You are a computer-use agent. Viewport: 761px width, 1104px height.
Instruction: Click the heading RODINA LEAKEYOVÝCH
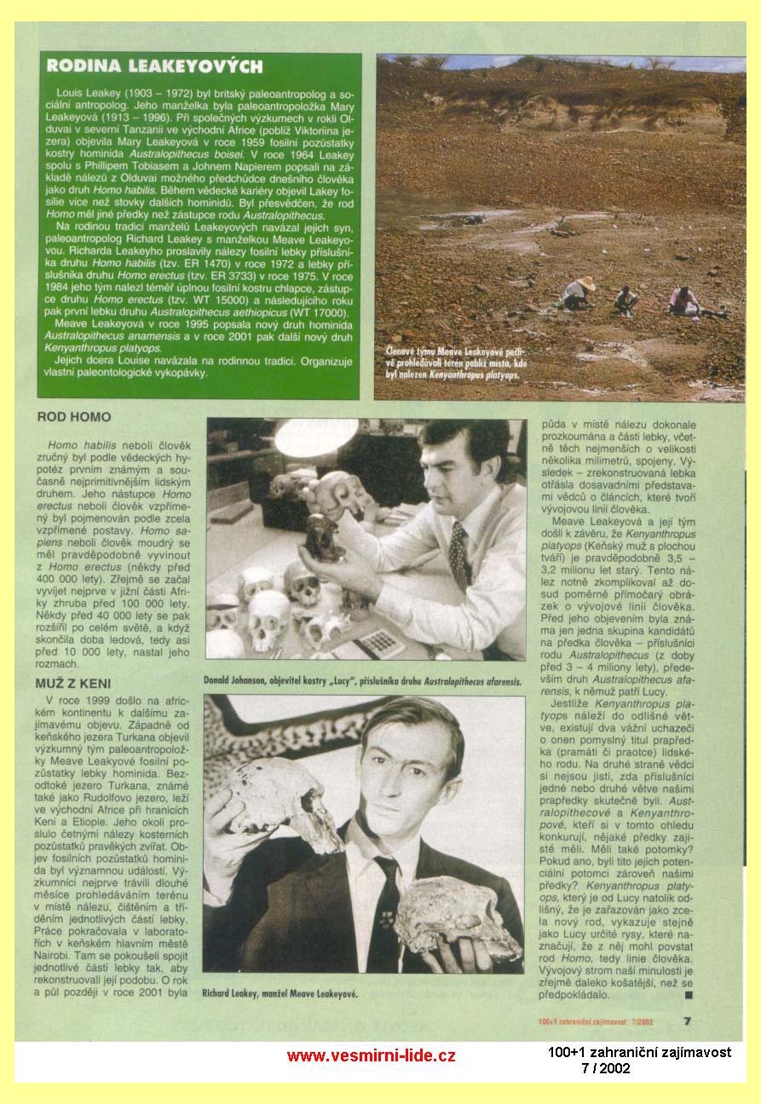click(x=154, y=66)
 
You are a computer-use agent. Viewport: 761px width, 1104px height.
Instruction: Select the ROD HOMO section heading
click(x=74, y=418)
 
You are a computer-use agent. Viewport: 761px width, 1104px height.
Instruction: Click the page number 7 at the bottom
click(x=687, y=1020)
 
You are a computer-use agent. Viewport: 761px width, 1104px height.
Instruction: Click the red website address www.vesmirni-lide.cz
click(x=371, y=1055)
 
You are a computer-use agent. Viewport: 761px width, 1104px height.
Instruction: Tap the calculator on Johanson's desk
click(x=379, y=641)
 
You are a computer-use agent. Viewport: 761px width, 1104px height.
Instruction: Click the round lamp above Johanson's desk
click(x=315, y=436)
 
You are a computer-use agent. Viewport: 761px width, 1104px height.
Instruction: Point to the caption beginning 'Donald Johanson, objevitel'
click(x=360, y=681)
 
